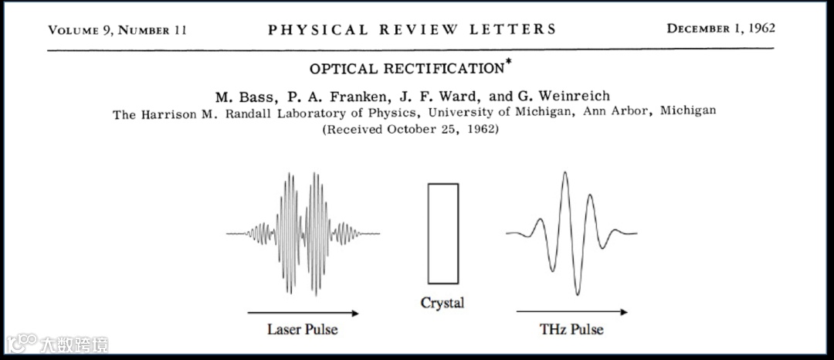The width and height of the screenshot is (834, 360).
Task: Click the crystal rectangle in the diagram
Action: (x=443, y=233)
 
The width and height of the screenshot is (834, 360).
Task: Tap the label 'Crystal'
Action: (x=442, y=303)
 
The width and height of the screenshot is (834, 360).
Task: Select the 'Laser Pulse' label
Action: (x=303, y=329)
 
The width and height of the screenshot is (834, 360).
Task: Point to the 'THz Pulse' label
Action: (x=571, y=329)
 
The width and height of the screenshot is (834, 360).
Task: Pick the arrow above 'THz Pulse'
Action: (x=571, y=312)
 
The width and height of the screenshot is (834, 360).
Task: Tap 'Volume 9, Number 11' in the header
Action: (x=117, y=30)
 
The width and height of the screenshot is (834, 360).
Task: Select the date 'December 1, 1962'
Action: (x=721, y=29)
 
